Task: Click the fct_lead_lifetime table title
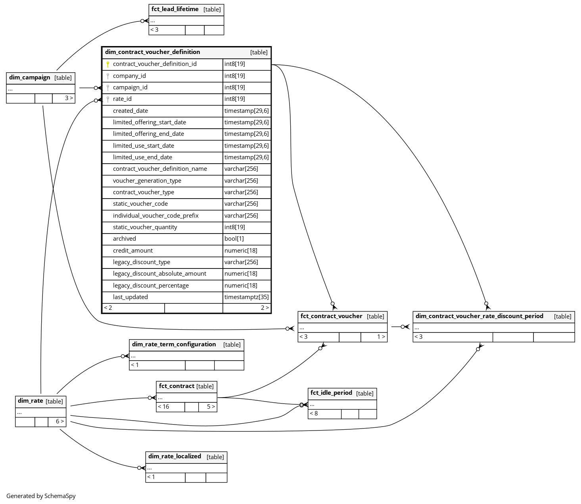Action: [x=175, y=9]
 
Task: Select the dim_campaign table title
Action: [x=30, y=77]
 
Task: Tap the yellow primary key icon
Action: [x=107, y=64]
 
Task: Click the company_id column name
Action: [x=129, y=76]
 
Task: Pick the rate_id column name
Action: [x=122, y=99]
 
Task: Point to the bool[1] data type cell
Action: [x=234, y=239]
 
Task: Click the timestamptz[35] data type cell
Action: [x=246, y=297]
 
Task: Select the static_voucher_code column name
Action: [x=140, y=204]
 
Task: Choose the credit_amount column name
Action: [x=133, y=251]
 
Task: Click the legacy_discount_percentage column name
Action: [x=151, y=286]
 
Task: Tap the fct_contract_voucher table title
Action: [x=331, y=316]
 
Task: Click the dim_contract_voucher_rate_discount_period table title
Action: [x=479, y=316]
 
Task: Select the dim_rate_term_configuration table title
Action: [x=174, y=344]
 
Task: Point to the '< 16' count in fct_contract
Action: [x=163, y=407]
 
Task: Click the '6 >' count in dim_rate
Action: [x=59, y=421]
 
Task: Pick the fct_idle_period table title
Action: [x=331, y=393]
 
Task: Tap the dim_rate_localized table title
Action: [x=174, y=456]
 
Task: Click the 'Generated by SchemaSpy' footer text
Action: [x=41, y=496]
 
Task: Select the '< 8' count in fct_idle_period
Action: [x=314, y=413]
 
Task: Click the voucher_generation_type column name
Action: [x=147, y=181]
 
